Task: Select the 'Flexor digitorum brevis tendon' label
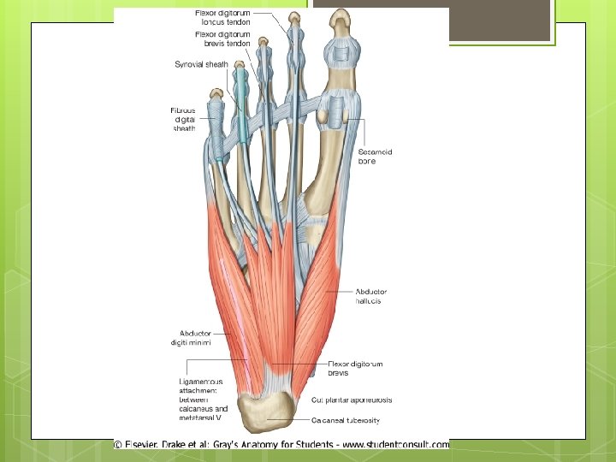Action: tap(222, 39)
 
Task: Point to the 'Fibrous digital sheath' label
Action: tap(183, 119)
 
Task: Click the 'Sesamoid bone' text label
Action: tap(375, 157)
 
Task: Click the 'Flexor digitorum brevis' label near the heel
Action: tap(355, 369)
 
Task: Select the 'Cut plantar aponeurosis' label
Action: tap(352, 400)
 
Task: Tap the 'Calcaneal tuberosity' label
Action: tap(345, 420)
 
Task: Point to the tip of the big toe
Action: tap(341, 16)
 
